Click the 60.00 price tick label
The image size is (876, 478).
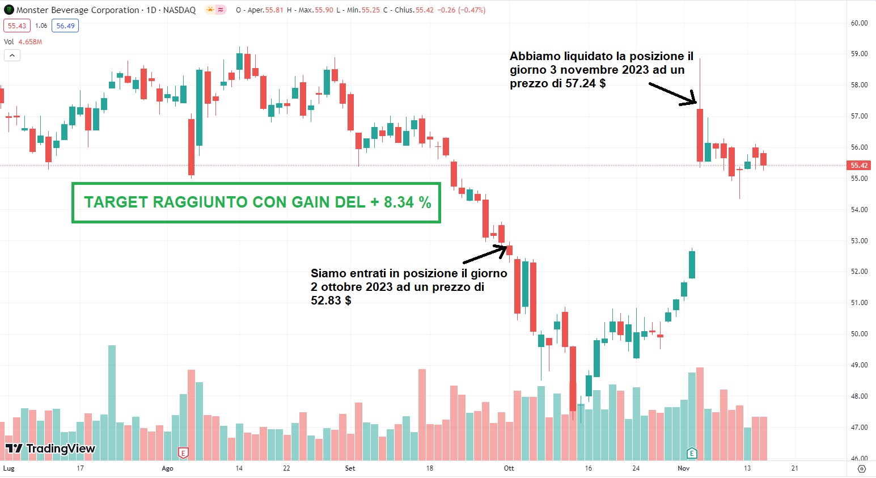point(859,23)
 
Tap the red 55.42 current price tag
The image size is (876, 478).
point(858,166)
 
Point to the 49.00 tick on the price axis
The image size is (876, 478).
point(859,365)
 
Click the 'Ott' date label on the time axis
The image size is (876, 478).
point(509,468)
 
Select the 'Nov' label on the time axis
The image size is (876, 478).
point(683,468)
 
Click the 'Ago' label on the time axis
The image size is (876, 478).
point(167,468)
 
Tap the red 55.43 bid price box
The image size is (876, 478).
point(17,26)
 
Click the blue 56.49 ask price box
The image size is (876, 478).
point(65,26)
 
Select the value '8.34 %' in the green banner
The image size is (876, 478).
point(407,202)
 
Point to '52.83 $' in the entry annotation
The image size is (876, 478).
point(331,301)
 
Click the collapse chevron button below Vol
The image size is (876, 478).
point(12,55)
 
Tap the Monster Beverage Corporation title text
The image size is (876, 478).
point(78,10)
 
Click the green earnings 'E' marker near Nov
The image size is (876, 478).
point(692,453)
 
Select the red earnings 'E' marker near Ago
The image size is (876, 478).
point(183,453)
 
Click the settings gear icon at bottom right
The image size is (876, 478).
point(862,469)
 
